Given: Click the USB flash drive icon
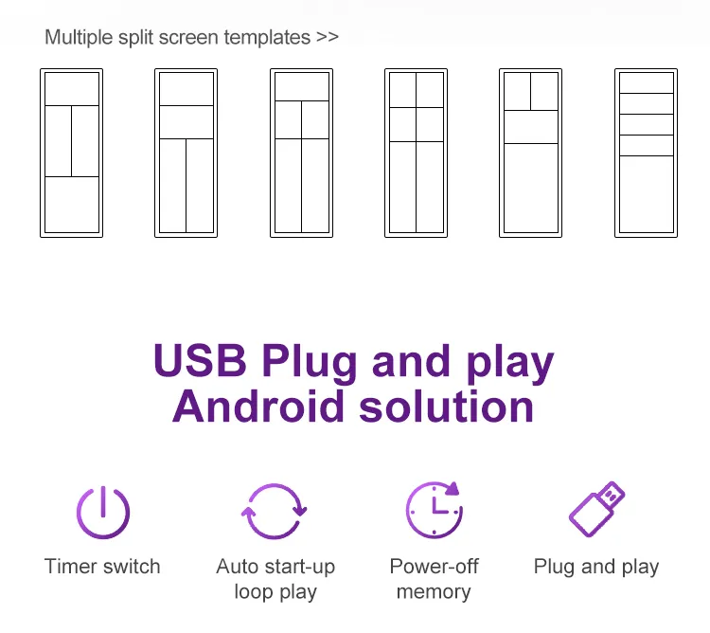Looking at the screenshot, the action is [x=596, y=509].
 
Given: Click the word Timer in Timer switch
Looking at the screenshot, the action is [x=71, y=567].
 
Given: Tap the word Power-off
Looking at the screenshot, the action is [x=434, y=567].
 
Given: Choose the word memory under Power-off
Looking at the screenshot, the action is [x=434, y=591].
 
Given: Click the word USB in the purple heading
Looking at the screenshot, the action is [x=200, y=360].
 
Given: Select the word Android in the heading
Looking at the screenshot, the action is [x=258, y=407].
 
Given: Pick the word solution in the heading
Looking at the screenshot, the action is [x=447, y=407].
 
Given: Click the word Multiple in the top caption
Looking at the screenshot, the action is [x=79, y=38].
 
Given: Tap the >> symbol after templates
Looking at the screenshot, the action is [x=328, y=37].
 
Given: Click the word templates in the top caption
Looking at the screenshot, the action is [x=267, y=38].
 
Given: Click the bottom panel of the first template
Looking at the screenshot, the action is [x=72, y=205].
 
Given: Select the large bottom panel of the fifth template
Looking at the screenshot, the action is [x=531, y=188].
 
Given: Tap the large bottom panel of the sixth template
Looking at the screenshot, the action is [x=647, y=194].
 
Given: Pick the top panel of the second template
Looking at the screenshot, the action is [x=186, y=89].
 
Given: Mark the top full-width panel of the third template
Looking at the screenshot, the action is [x=302, y=87].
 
